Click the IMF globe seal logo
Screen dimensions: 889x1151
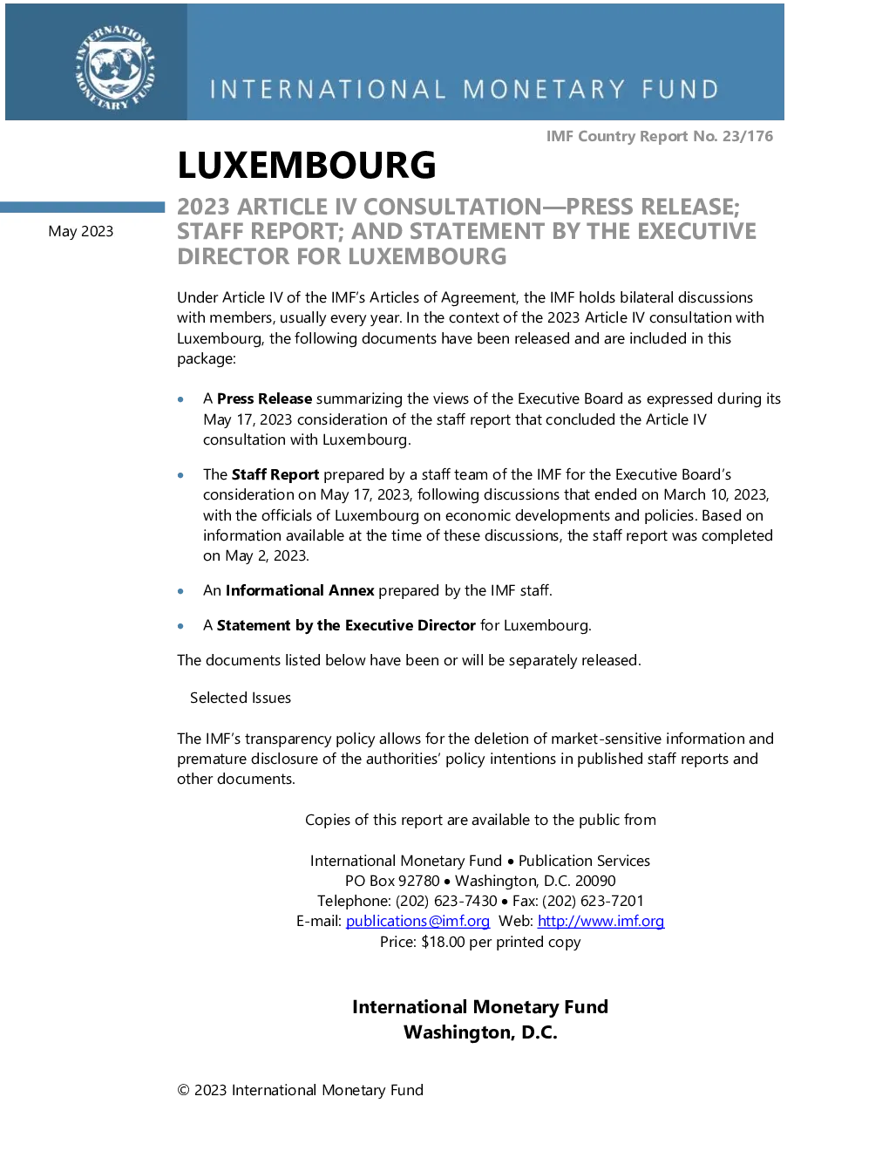[x=115, y=67]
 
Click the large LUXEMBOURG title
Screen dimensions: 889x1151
[x=307, y=165]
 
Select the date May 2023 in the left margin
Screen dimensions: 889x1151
[x=80, y=231]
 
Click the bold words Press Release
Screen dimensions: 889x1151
[x=264, y=398]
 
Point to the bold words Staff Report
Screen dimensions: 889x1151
[x=275, y=474]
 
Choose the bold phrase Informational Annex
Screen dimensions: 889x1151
[x=300, y=590]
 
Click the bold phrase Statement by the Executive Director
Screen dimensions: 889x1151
[x=346, y=625]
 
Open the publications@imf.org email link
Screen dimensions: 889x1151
[x=417, y=921]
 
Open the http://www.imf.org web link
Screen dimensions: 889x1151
[x=601, y=921]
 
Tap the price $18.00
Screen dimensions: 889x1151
[x=443, y=942]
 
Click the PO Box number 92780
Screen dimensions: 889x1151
[x=419, y=881]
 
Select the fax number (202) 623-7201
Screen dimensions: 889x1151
[x=593, y=901]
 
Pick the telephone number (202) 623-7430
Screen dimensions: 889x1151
[x=446, y=901]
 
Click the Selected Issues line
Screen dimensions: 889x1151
[x=241, y=698]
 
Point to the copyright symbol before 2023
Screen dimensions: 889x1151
[x=183, y=1090]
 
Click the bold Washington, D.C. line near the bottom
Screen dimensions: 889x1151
[x=480, y=1032]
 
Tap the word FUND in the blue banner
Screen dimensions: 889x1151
[x=681, y=90]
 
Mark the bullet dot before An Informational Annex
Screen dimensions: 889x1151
[x=181, y=591]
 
